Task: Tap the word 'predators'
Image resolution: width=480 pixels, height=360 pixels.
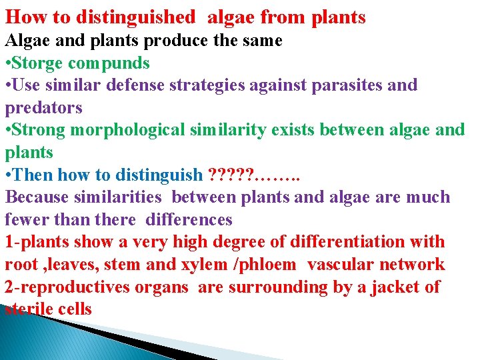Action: tap(43, 108)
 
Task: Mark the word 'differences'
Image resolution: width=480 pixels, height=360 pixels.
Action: tap(189, 219)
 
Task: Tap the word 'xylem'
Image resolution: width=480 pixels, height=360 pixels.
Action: tap(207, 265)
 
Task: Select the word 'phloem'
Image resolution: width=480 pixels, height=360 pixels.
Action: tap(270, 265)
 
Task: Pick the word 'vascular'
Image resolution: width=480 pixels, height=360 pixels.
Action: tap(341, 265)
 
